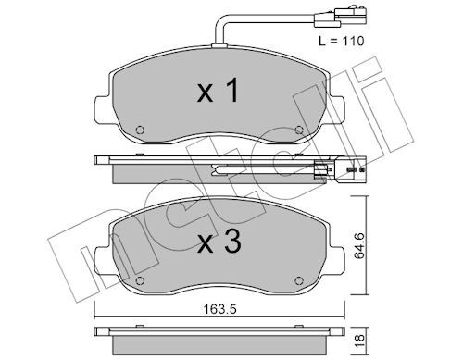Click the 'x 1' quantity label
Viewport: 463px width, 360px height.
click(x=218, y=90)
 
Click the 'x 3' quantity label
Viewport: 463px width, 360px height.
click(x=219, y=242)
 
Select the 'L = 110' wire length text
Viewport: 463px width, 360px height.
click(x=342, y=41)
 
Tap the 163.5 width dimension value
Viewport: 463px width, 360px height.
click(x=219, y=309)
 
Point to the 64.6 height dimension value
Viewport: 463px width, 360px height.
click(x=359, y=246)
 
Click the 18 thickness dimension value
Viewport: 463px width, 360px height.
click(x=360, y=341)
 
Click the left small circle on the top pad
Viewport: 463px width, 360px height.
click(x=140, y=130)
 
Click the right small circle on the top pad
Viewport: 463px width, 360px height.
click(x=299, y=130)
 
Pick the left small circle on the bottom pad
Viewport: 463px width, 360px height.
click(x=140, y=280)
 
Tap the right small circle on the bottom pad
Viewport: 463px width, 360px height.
click(x=299, y=280)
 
